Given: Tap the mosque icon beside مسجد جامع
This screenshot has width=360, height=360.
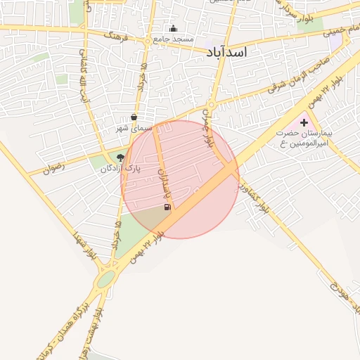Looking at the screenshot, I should coord(173,29).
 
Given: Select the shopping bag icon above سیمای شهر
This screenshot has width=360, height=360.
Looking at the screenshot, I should coord(134,117).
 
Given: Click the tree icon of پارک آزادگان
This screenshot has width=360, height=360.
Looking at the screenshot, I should coord(120,158).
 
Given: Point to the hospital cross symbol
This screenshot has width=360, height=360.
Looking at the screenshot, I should coord(304,122).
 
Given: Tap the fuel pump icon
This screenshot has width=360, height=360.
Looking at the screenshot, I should coord(167,207).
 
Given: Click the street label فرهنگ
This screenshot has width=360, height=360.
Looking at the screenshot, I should coord(116,34).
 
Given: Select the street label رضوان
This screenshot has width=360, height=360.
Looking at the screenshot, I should coord(53,169).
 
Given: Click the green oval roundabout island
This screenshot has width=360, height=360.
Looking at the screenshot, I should coord(105,280).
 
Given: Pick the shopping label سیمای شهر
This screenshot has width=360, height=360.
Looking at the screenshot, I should coord(134,129).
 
